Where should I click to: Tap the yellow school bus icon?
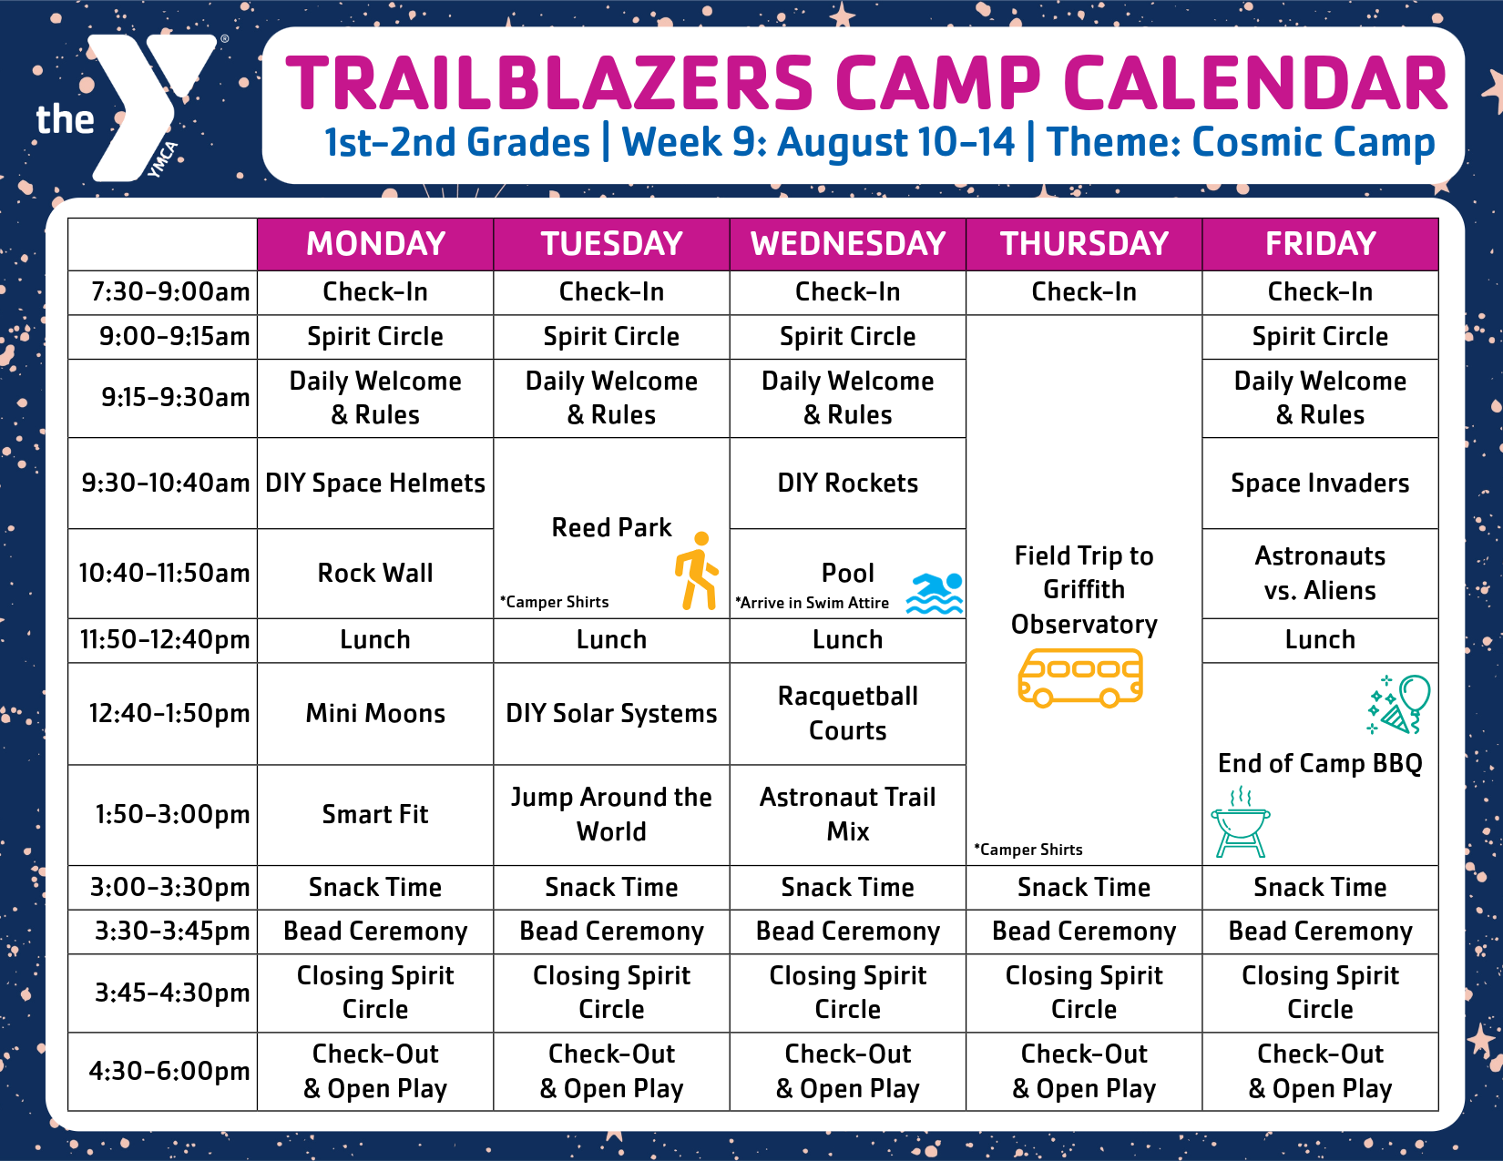click(x=1080, y=677)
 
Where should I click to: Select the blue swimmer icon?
click(x=935, y=593)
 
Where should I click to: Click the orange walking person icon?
click(x=697, y=570)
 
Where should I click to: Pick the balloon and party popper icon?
click(x=1398, y=704)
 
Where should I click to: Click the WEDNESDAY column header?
click(x=848, y=244)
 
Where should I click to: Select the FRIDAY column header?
click(x=1321, y=244)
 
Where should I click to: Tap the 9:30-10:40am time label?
click(x=165, y=483)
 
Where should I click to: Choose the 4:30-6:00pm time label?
click(x=169, y=1071)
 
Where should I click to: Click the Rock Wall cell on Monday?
click(x=375, y=574)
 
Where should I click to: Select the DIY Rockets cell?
click(x=848, y=483)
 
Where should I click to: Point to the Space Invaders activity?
click(x=1321, y=483)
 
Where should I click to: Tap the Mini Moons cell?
click(x=375, y=714)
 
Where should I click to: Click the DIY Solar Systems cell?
click(x=611, y=714)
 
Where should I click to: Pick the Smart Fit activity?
click(x=375, y=815)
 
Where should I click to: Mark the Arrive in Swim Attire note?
click(x=812, y=603)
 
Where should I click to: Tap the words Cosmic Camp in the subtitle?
click(x=1314, y=142)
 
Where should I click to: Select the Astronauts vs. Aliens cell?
click(x=1321, y=574)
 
